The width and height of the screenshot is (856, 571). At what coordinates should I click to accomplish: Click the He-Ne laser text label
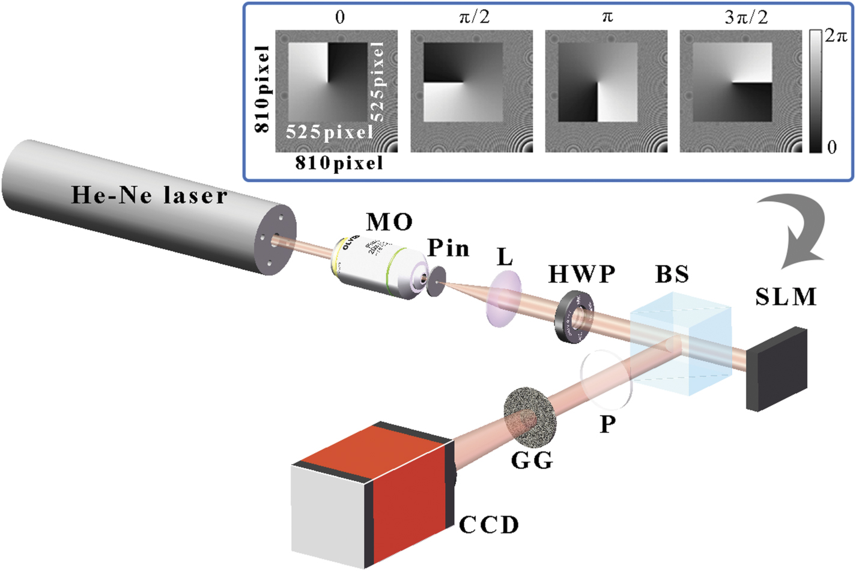pyautogui.click(x=149, y=195)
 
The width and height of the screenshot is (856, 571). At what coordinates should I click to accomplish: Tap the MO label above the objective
pyautogui.click(x=389, y=222)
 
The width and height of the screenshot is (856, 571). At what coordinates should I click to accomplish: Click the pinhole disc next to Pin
pyautogui.click(x=437, y=282)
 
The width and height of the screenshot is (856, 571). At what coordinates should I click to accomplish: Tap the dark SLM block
pyautogui.click(x=776, y=368)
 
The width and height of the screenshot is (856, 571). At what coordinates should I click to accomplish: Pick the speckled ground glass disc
pyautogui.click(x=530, y=421)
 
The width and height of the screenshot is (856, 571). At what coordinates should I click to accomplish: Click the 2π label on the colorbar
pyautogui.click(x=836, y=36)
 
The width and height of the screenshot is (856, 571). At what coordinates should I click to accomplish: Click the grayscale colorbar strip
pyautogui.click(x=815, y=90)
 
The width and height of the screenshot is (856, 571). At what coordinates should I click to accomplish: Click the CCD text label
pyautogui.click(x=488, y=525)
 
